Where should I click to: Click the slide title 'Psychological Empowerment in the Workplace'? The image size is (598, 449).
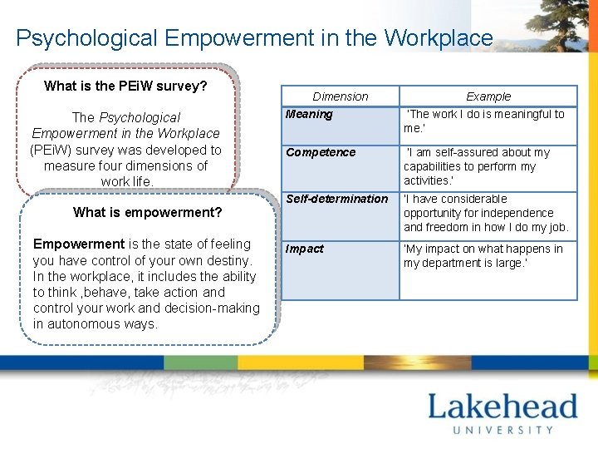(x=254, y=38)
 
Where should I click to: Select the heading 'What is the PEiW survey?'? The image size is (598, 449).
(x=125, y=86)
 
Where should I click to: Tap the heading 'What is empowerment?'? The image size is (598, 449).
(x=147, y=212)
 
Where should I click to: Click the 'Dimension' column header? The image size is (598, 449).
(x=340, y=96)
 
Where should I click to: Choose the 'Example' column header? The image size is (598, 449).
(x=488, y=96)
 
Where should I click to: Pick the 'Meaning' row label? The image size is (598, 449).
(x=309, y=115)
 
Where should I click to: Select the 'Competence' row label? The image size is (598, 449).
(x=321, y=152)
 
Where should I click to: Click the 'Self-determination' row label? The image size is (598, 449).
(x=336, y=199)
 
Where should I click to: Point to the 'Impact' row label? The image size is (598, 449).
(x=305, y=249)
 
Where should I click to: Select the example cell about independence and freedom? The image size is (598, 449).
(x=485, y=213)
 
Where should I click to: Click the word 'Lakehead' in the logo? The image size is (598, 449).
(x=502, y=407)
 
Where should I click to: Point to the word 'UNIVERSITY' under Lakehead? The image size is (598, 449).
(x=502, y=430)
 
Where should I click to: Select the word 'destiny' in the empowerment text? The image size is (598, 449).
(x=229, y=260)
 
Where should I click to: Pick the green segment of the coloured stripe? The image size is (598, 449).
(x=200, y=363)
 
